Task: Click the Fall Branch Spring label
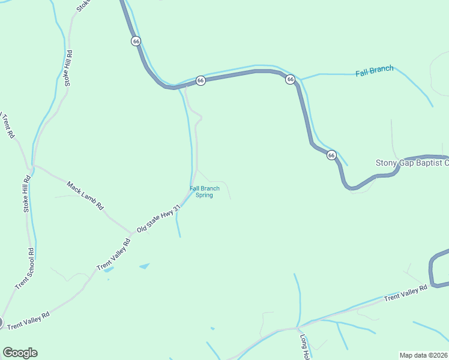click(x=205, y=191)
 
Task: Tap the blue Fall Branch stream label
click(x=374, y=71)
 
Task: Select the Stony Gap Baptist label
click(x=412, y=163)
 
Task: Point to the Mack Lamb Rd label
click(x=85, y=195)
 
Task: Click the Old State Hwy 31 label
click(x=158, y=218)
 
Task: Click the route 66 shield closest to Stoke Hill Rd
click(x=136, y=41)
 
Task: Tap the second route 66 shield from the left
click(x=200, y=80)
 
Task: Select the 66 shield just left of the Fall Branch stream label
click(x=290, y=79)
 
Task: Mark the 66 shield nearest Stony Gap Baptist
click(x=331, y=155)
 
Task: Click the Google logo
click(x=20, y=353)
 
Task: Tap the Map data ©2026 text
click(x=423, y=355)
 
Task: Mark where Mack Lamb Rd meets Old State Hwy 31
click(x=132, y=233)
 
